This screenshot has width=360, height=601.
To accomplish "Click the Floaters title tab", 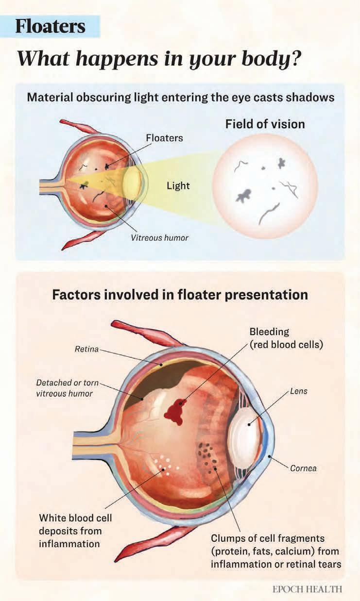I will click(51, 26).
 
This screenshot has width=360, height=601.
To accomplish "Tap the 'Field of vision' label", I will click(265, 124).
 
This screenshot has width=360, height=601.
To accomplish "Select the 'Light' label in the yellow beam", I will click(178, 186).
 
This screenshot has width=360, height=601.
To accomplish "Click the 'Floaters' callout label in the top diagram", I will click(164, 138).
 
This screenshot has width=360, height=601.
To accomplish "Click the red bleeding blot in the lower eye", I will click(175, 411).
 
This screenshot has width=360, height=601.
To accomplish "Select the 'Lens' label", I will click(298, 391).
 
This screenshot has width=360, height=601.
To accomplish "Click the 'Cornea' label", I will click(303, 468).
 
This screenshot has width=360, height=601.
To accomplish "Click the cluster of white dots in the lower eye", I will click(165, 465).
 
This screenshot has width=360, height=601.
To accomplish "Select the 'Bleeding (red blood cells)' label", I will click(286, 339).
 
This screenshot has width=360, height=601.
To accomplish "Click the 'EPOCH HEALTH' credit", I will click(307, 589).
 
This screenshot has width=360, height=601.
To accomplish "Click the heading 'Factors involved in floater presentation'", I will click(180, 295).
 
